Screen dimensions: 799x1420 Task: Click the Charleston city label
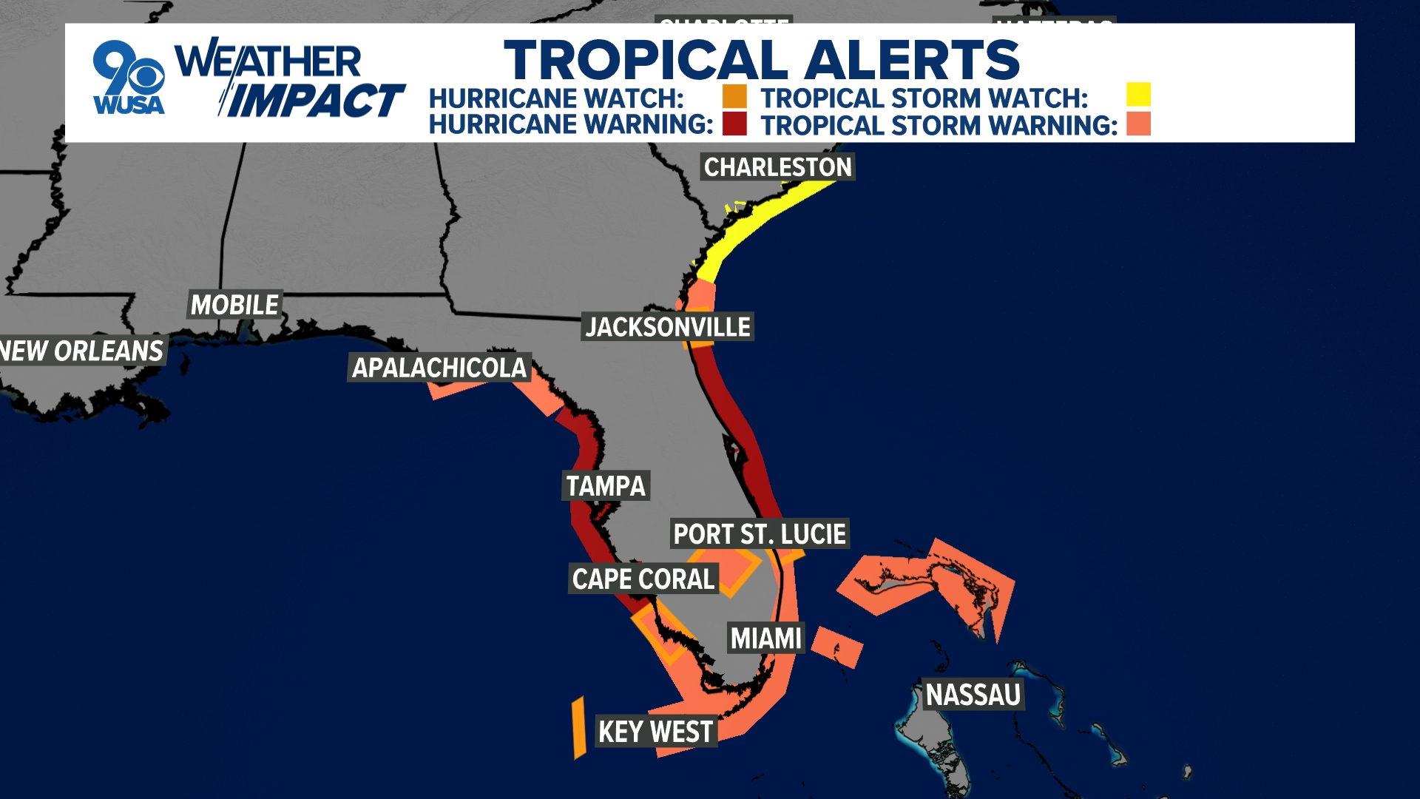[x=777, y=167]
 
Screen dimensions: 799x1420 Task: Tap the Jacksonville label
[x=668, y=327]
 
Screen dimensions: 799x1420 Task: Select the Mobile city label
[x=234, y=305]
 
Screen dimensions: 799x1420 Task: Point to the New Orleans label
[x=81, y=351]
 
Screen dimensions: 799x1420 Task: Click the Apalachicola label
[x=439, y=368]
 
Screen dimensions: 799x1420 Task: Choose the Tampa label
[x=606, y=486]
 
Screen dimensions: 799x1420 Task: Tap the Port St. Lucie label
[x=760, y=534]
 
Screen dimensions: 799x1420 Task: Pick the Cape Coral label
[x=643, y=579]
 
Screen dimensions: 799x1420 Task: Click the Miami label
[x=766, y=638]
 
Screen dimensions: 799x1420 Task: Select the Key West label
[x=656, y=732]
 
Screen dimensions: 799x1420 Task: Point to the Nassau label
[x=973, y=695]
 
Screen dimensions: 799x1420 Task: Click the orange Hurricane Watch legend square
[x=734, y=97]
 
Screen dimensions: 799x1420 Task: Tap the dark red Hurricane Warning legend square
[x=734, y=124]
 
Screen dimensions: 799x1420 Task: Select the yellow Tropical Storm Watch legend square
[x=1138, y=95]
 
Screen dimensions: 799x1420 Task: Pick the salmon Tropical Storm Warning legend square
[x=1138, y=124]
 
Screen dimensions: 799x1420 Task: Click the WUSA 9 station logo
[x=129, y=78]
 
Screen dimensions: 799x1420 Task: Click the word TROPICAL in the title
[x=646, y=60]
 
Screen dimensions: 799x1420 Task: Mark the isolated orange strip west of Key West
[x=579, y=727]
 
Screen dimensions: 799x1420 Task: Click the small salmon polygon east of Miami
[x=837, y=647]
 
